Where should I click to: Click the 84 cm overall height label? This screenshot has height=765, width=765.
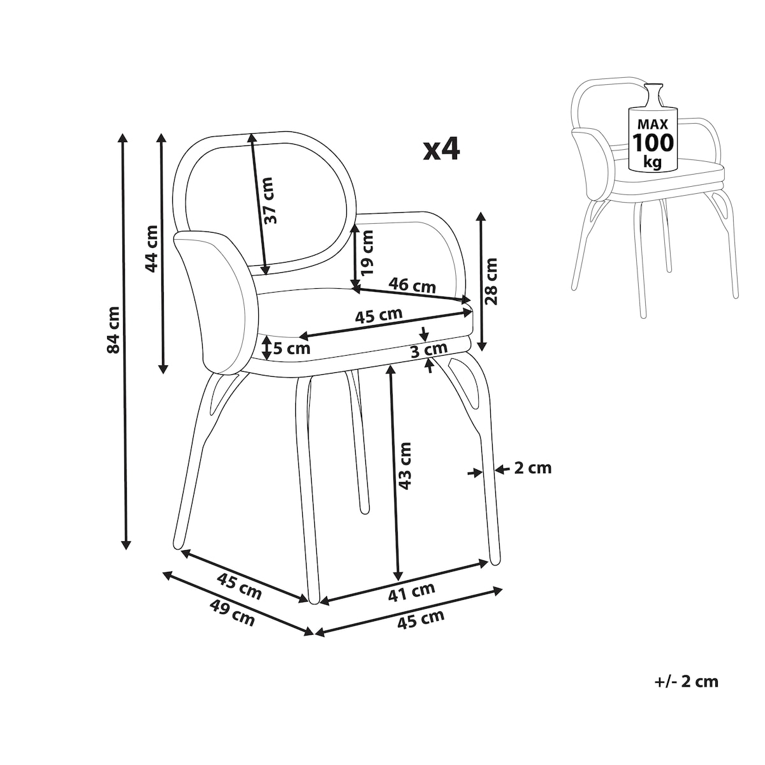(x=113, y=330)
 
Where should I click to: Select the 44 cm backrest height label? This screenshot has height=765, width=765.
(x=152, y=249)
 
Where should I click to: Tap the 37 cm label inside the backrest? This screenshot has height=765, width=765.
(x=268, y=200)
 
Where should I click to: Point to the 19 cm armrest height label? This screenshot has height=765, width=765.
(x=368, y=253)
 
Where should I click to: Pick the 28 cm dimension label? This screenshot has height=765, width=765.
(x=491, y=281)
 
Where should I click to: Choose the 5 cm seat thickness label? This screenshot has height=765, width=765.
(x=291, y=349)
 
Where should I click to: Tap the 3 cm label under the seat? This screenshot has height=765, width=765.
(x=429, y=350)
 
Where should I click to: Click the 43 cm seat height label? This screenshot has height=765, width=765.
(x=405, y=465)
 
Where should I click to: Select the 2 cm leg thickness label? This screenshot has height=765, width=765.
(x=533, y=469)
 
